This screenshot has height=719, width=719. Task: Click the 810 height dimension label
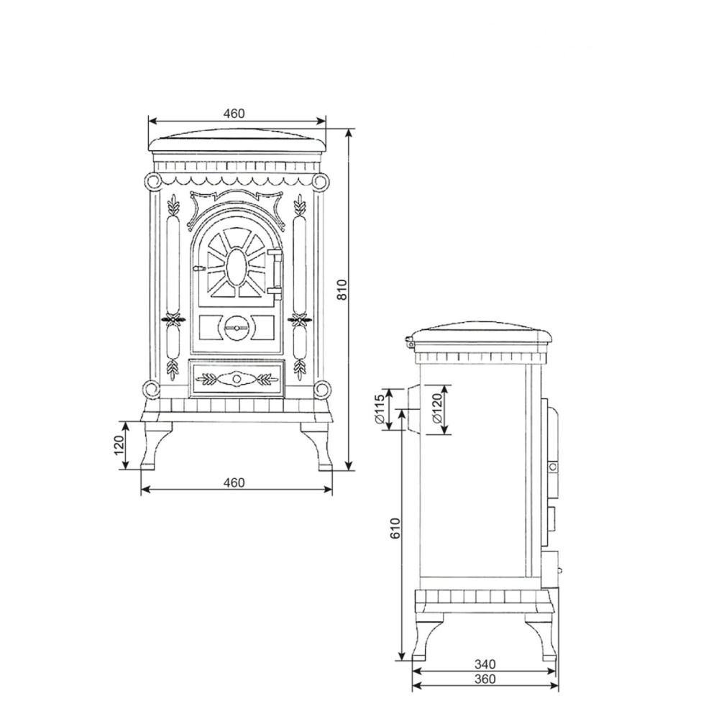point(342,289)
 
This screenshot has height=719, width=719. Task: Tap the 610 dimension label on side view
point(395,528)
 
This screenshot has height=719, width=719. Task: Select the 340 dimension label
point(485,664)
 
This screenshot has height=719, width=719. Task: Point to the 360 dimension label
point(485,679)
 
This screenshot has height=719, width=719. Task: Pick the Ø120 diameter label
point(436,408)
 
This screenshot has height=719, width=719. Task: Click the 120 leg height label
point(119,445)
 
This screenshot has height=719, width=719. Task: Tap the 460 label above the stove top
point(234,113)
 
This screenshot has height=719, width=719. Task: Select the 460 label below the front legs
point(234,482)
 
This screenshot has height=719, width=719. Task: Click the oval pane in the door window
point(236,267)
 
